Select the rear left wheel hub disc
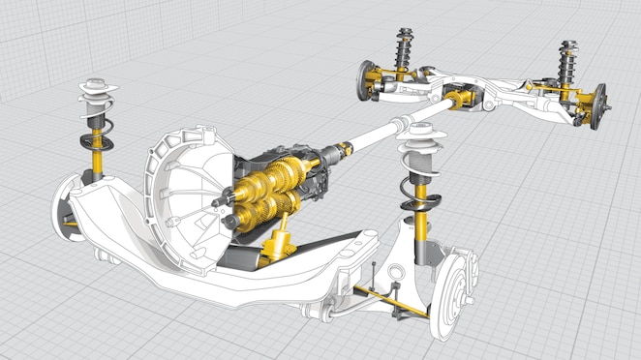click(367, 76)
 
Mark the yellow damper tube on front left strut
click(97, 151)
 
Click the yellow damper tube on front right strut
click(421, 227)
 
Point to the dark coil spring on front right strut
click(419, 193)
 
